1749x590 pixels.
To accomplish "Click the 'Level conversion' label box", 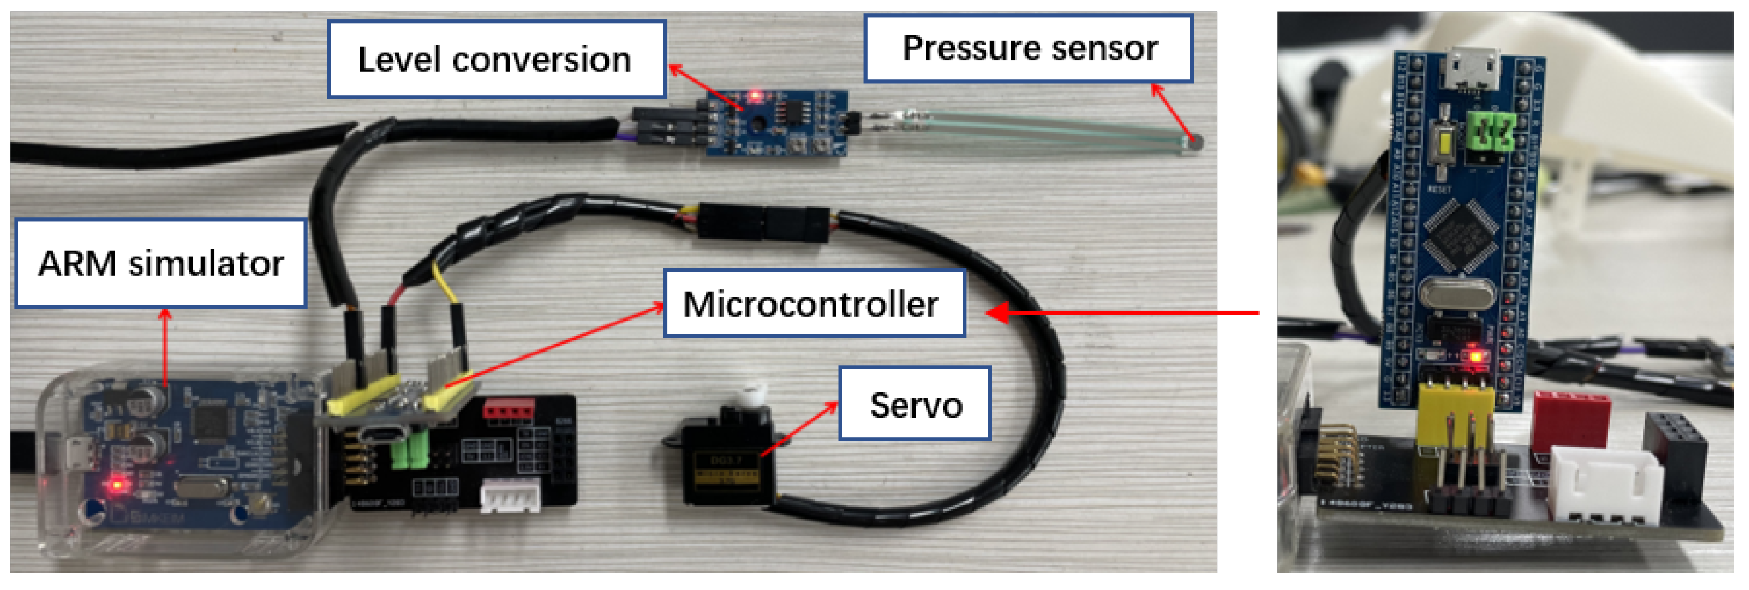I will [x=496, y=59].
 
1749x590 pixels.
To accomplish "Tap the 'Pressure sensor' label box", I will [x=1029, y=48].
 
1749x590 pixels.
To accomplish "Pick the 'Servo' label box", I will [x=915, y=405].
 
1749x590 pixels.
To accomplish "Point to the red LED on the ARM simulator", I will [x=117, y=485].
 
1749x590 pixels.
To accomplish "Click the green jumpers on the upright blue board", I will [x=1491, y=130].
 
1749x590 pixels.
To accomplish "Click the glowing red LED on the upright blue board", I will [x=1474, y=356].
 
